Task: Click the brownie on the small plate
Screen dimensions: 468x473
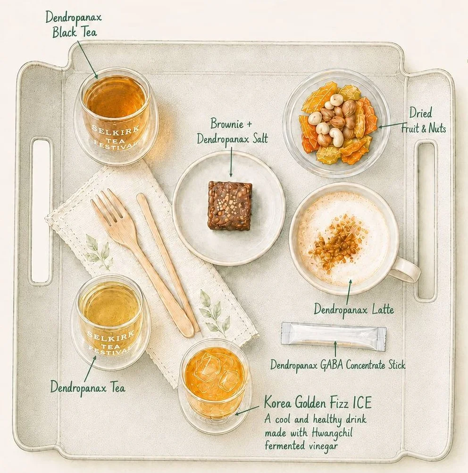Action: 230,206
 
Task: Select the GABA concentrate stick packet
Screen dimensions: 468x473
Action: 334,336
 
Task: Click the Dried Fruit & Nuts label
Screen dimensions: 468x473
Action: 423,121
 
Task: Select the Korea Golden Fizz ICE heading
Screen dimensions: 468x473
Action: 318,403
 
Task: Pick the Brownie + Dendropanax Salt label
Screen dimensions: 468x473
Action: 232,131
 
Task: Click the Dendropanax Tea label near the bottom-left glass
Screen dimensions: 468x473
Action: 87,387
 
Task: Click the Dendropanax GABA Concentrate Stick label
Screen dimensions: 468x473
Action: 338,365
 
